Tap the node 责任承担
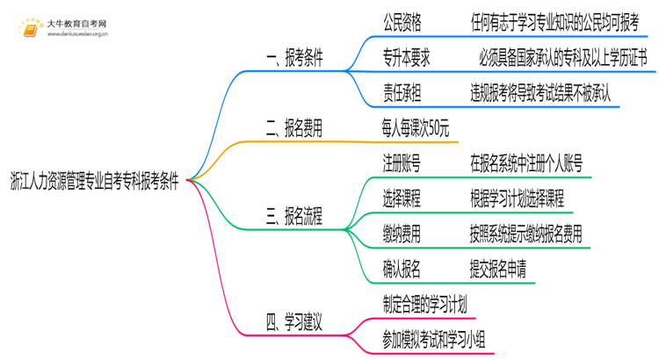[402, 90]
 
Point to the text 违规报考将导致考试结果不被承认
[540, 90]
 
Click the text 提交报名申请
[497, 269]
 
